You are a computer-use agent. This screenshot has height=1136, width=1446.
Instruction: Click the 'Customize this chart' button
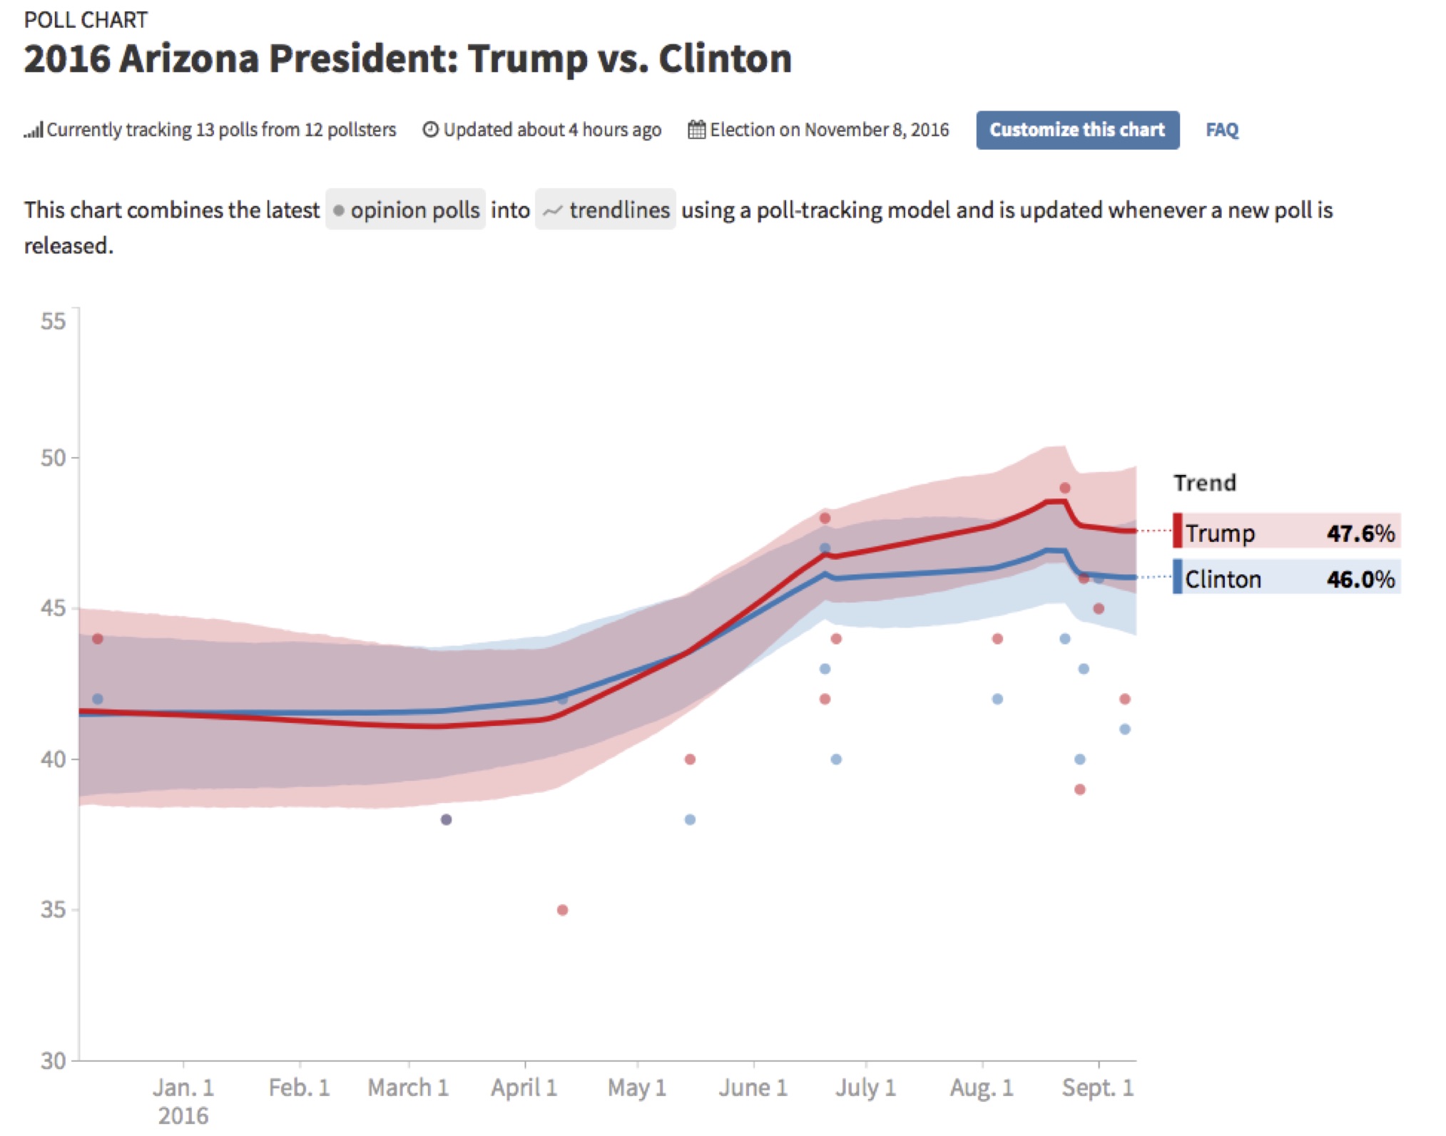pos(1076,130)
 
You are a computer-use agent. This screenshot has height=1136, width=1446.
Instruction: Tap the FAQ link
pos(1221,130)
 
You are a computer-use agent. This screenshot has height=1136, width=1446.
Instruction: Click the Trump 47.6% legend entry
pos(1286,532)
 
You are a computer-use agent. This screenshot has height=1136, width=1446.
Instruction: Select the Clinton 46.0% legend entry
pos(1286,578)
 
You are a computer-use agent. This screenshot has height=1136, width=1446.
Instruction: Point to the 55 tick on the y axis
pos(53,322)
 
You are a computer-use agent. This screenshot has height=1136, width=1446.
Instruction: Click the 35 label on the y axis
pos(53,910)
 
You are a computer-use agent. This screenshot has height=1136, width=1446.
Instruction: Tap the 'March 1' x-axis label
pos(408,1088)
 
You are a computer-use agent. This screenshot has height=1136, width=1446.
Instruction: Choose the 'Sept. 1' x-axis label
pos(1097,1088)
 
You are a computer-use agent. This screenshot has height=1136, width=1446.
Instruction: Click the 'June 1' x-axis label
pos(753,1088)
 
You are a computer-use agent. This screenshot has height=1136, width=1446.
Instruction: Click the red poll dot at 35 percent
pos(562,910)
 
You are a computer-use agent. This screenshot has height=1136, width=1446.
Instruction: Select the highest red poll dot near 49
pos(1064,488)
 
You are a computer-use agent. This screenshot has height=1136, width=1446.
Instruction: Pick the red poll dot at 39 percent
pos(1079,789)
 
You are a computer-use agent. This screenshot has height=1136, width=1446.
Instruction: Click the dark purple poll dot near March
pos(446,819)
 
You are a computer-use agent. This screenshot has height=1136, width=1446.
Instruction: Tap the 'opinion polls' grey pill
pos(405,210)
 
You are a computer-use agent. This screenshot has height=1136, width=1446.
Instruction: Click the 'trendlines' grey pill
pos(605,210)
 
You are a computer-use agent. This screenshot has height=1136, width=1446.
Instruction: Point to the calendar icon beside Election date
pos(696,130)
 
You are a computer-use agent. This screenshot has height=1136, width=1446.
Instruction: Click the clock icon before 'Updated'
pos(430,130)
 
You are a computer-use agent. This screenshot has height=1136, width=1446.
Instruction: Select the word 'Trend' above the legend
pos(1204,483)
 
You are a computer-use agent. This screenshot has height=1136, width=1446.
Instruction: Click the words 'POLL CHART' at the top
pos(86,20)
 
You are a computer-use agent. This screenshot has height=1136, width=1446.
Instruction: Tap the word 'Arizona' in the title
pos(189,58)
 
